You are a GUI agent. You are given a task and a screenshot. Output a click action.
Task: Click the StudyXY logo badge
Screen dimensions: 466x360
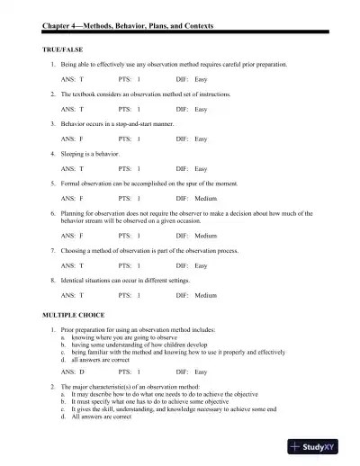click(x=322, y=447)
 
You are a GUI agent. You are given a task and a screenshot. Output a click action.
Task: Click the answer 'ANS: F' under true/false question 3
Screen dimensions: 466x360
click(x=72, y=139)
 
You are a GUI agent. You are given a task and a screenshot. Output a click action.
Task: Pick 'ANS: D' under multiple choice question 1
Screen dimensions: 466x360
click(x=73, y=372)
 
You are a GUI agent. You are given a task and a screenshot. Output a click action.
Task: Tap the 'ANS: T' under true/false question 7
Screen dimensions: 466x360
click(x=72, y=265)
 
